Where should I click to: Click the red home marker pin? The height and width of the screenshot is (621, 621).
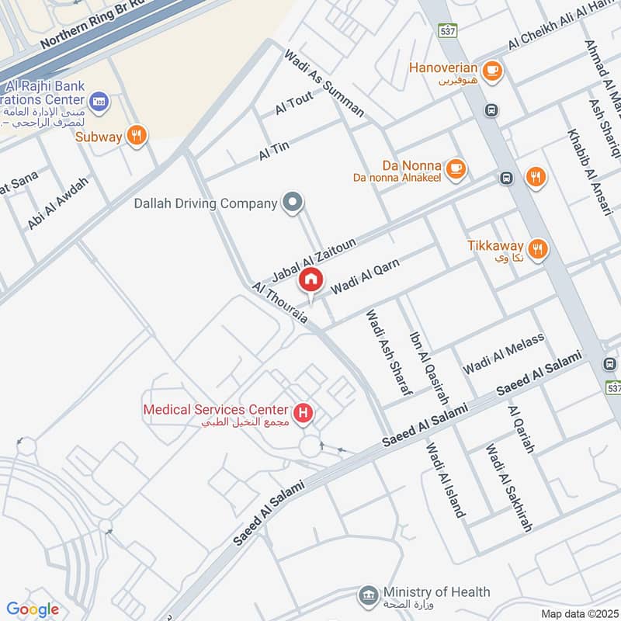[311, 279]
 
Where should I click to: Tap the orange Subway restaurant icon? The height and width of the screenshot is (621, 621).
[137, 136]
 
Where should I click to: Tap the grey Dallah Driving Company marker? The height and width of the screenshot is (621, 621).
[292, 203]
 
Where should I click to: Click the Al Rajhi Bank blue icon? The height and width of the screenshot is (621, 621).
[99, 100]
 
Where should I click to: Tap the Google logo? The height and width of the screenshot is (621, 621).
[33, 609]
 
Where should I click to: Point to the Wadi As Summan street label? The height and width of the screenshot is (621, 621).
[324, 84]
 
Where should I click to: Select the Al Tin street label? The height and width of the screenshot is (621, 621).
[274, 151]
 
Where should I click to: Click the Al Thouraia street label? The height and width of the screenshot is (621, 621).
[280, 304]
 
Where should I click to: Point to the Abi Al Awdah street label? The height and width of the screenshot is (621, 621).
[58, 203]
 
